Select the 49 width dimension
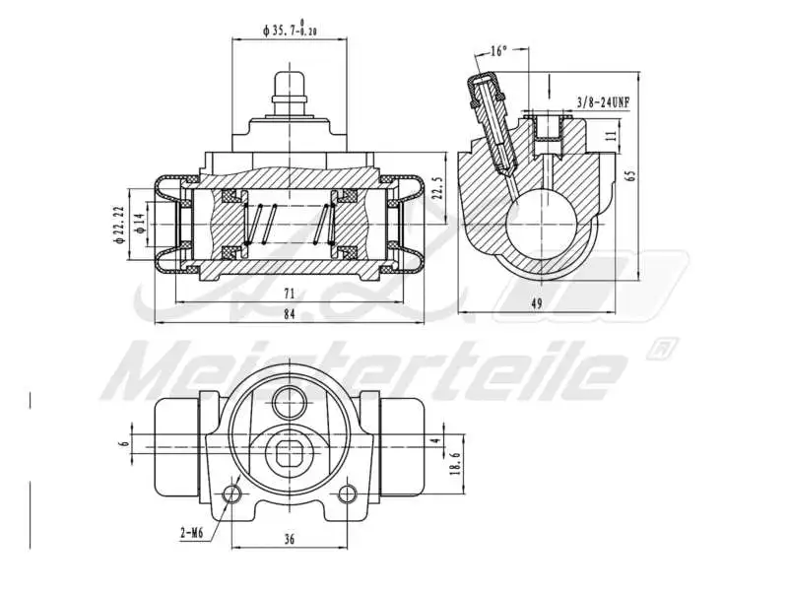[536, 303]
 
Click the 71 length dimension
[289, 294]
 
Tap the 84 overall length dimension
[289, 314]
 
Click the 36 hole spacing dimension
[290, 539]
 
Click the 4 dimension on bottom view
[435, 440]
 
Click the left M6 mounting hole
[232, 492]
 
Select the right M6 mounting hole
[346, 492]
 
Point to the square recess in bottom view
[289, 451]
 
